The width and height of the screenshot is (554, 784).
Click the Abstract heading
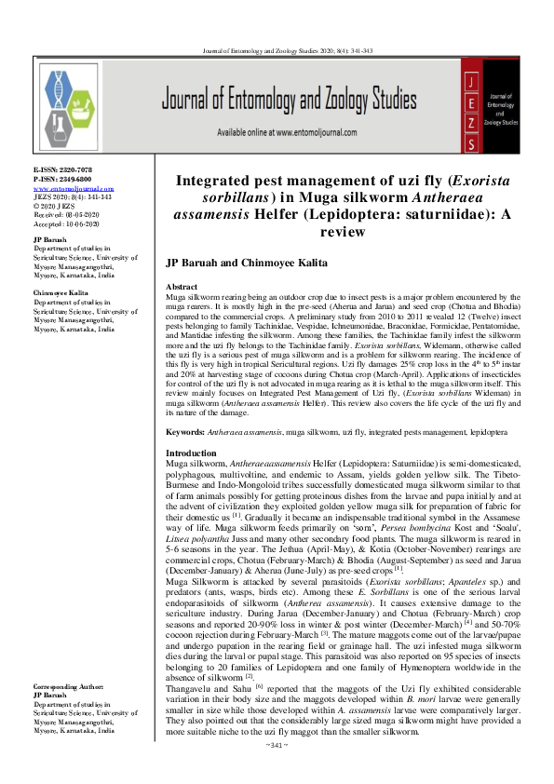181,287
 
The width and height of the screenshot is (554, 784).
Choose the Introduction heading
190,452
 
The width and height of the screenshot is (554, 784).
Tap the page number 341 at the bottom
278,770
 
